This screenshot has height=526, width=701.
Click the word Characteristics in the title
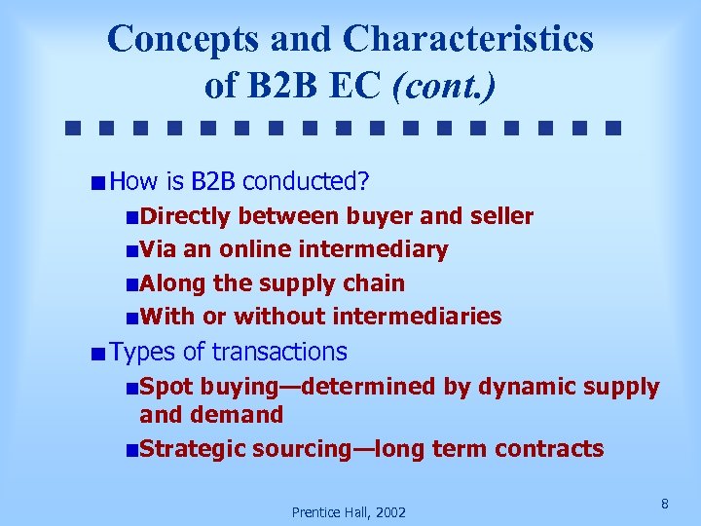pos(467,39)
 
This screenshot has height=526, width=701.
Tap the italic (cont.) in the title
pos(443,85)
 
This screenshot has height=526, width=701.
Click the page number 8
pos(664,504)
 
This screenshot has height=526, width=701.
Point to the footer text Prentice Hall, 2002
pos(349,512)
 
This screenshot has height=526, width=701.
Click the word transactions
pos(279,352)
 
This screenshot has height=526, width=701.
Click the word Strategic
pos(193,449)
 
